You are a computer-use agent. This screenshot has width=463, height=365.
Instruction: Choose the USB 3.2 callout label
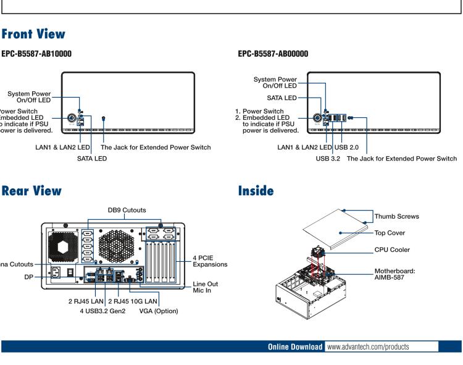tap(325, 159)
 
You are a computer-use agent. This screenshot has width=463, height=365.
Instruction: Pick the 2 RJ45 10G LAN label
tap(135, 301)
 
